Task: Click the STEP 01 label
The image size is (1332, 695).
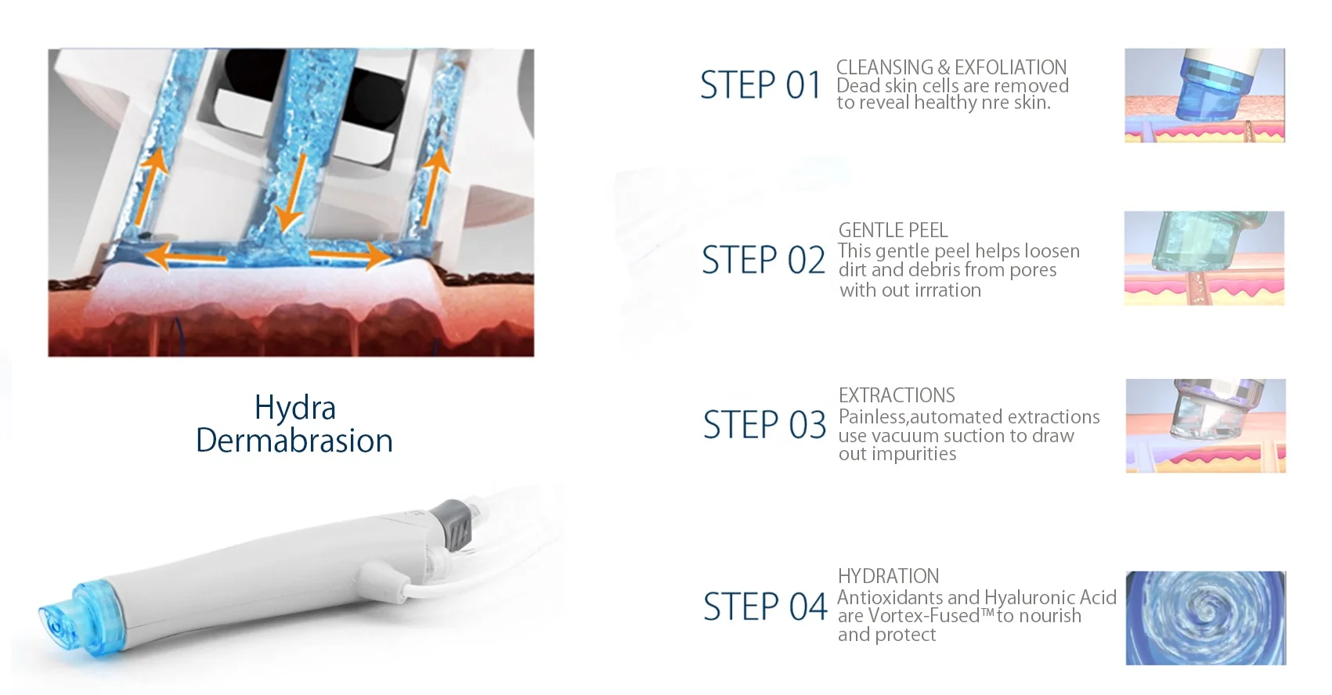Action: (760, 85)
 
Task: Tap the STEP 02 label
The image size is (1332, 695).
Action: (763, 260)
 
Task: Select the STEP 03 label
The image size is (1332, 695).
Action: (764, 425)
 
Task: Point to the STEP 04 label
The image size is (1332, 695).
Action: (765, 607)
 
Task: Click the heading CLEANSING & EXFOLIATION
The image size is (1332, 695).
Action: (951, 67)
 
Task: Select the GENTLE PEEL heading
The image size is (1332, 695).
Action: (893, 230)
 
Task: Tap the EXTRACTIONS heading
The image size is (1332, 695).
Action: (897, 395)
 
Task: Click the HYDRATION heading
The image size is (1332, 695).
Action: (888, 576)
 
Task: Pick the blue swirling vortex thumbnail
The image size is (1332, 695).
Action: (1205, 618)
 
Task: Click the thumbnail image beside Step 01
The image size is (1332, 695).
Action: (1204, 95)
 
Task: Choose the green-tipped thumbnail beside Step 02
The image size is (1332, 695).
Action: (1204, 258)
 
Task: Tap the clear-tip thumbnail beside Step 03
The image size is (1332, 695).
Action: (1205, 426)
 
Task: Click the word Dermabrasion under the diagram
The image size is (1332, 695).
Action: (294, 441)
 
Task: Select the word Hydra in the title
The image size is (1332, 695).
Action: (295, 408)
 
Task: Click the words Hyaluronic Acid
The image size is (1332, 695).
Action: (1050, 597)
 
